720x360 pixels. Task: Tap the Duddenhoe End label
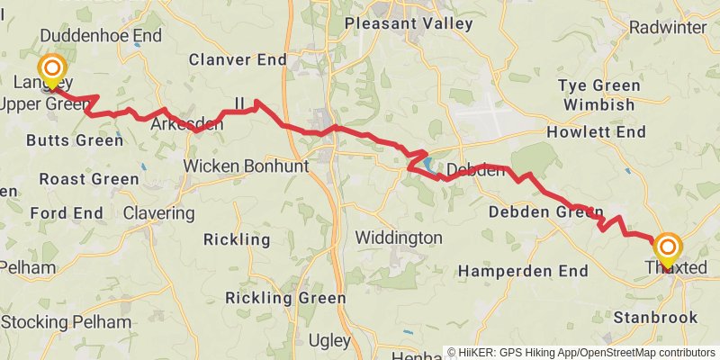102,36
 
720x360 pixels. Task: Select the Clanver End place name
238,59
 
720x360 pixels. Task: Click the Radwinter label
668,27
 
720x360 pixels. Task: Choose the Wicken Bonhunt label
246,166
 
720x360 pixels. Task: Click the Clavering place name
158,213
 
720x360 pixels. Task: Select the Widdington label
399,238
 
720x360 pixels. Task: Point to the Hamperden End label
523,271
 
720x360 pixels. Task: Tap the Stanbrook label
655,317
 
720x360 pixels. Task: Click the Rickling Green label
285,298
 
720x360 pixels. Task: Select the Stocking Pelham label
66,322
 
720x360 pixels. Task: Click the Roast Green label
88,179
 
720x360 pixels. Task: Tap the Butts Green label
74,140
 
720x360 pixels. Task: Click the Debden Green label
545,212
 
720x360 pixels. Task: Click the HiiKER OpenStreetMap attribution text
581,353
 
